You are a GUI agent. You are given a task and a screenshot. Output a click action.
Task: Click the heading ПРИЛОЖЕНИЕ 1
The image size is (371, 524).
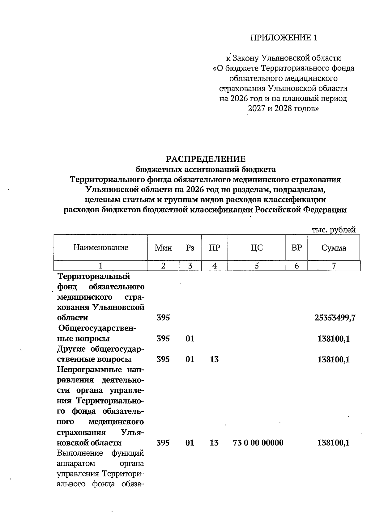(x=284, y=38)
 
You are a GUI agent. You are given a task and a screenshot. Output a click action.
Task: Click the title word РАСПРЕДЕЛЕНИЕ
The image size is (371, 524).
(x=206, y=159)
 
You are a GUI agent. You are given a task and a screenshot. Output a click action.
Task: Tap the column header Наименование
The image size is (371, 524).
(x=101, y=247)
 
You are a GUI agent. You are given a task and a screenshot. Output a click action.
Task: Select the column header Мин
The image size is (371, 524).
(x=163, y=247)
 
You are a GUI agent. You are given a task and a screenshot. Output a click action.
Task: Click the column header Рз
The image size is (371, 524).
(x=190, y=247)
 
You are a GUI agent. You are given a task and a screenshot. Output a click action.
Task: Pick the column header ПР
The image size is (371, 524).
(x=214, y=247)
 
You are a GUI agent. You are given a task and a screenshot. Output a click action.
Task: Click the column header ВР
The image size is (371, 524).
(x=296, y=247)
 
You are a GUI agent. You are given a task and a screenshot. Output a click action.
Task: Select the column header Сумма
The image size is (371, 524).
(x=334, y=247)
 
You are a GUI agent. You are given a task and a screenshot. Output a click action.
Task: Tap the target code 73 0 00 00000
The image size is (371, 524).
(x=258, y=443)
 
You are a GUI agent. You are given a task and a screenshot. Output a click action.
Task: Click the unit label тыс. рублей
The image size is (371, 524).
(x=334, y=230)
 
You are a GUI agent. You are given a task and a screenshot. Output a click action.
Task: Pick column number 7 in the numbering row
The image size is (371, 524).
(x=334, y=266)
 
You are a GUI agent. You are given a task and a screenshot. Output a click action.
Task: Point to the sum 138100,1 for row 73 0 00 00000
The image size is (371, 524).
(x=334, y=443)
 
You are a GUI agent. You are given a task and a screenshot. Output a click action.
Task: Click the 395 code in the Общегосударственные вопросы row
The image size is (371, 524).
(x=163, y=339)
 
